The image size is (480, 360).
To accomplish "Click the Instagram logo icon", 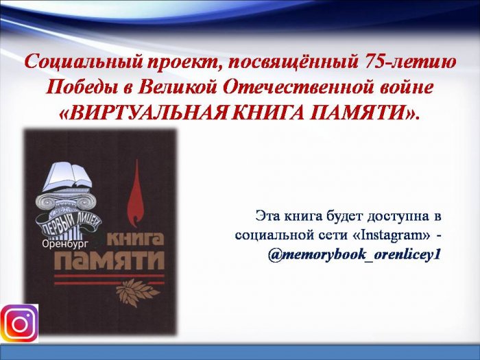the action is tap(19, 323).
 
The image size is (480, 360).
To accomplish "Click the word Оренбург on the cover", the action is tap(65, 243).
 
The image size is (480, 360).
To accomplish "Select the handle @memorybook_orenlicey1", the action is tap(355, 254).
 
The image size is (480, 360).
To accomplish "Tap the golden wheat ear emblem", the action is tap(137, 293).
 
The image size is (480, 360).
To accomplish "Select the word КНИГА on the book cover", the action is tap(136, 240).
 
